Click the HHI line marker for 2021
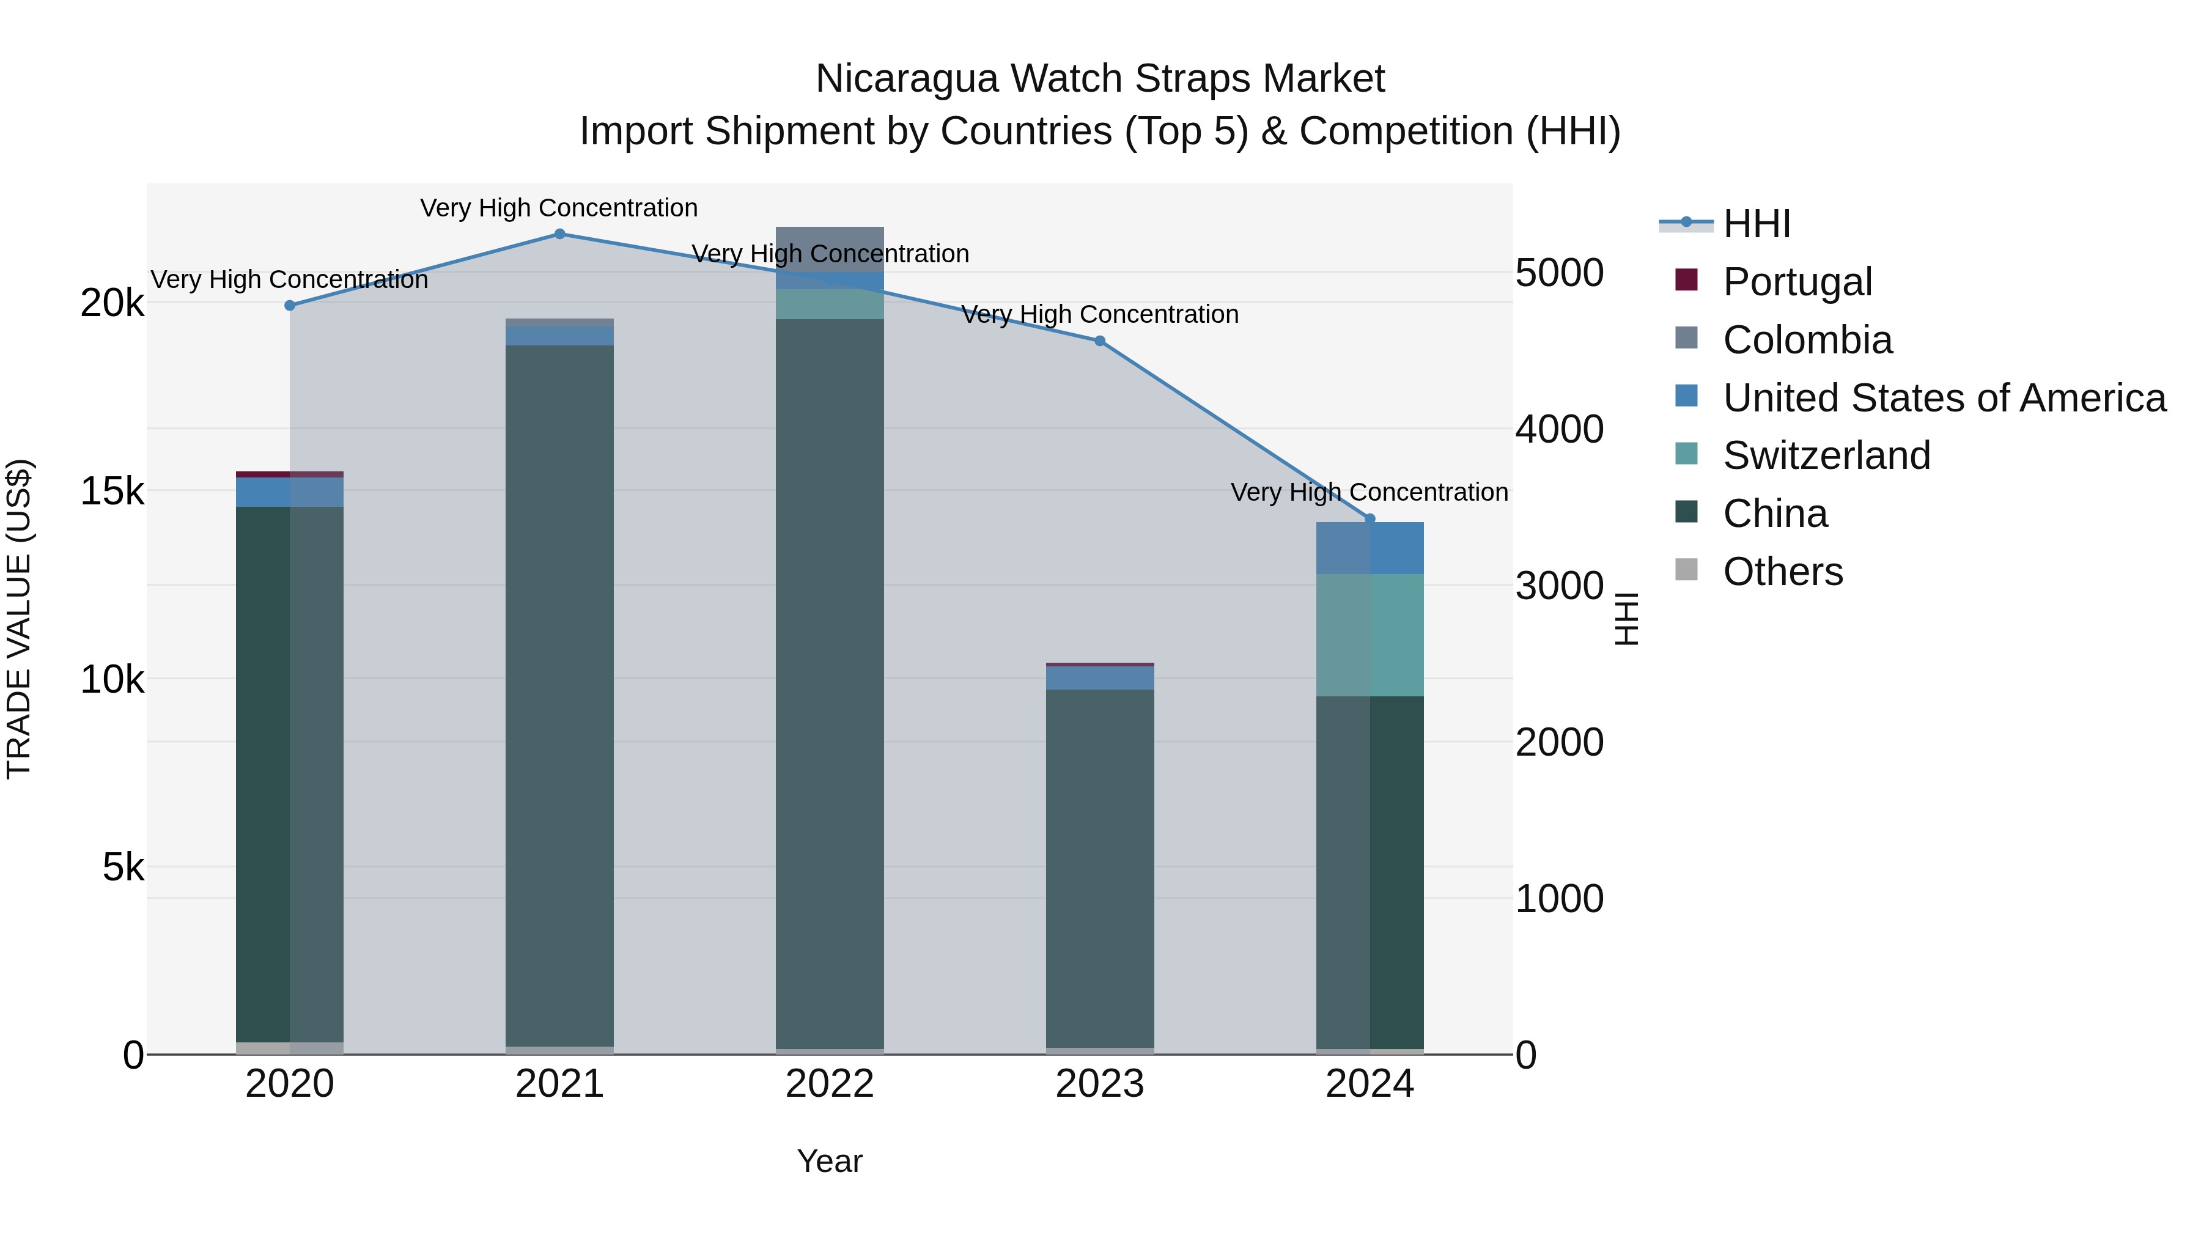[x=559, y=234]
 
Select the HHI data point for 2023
[x=1100, y=341]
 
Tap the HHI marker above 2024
[x=1370, y=518]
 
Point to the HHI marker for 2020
[x=290, y=305]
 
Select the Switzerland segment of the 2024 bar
[x=1370, y=635]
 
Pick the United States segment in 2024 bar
[x=1370, y=548]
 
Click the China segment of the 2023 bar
[x=1100, y=867]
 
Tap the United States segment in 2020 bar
[x=290, y=492]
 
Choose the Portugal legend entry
[x=1797, y=282]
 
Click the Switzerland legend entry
[x=1826, y=455]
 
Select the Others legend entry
[x=1782, y=572]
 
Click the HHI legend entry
[x=1756, y=224]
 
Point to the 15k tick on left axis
[x=112, y=492]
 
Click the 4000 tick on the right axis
[x=1559, y=429]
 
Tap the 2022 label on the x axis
[x=830, y=1084]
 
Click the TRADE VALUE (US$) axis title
[x=20, y=619]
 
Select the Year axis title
[x=830, y=1161]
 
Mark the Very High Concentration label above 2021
[x=559, y=208]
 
